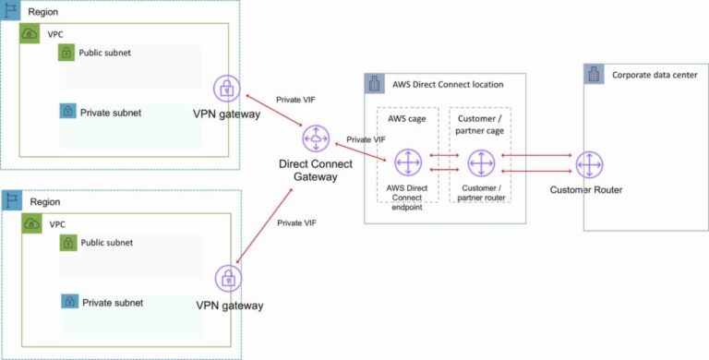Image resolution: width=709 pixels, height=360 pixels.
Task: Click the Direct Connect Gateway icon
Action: click(x=317, y=140)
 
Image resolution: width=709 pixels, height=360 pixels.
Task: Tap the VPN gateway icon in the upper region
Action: click(x=227, y=90)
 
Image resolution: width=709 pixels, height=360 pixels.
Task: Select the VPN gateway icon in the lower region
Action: click(x=229, y=279)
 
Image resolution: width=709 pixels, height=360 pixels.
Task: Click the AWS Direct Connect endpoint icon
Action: click(x=407, y=163)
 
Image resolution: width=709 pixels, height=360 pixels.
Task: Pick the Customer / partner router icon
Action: click(x=481, y=163)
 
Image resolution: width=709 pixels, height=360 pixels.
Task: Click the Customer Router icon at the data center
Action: click(x=589, y=165)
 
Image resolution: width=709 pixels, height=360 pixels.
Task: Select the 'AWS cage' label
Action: click(x=407, y=119)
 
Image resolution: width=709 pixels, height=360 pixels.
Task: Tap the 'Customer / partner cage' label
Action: click(x=480, y=125)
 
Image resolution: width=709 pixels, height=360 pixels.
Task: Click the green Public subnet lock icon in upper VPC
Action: click(x=66, y=54)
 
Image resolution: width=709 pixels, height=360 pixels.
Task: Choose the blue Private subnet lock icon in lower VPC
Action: click(x=68, y=302)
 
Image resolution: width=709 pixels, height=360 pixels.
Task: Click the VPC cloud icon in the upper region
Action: click(x=31, y=34)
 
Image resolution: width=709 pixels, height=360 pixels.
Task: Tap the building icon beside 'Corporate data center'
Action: click(x=595, y=75)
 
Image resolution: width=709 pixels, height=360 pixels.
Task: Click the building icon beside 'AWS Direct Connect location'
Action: click(x=376, y=84)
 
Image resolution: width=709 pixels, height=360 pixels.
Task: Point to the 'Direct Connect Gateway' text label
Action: click(x=317, y=170)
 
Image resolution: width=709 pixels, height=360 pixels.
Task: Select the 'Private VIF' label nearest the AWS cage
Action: click(x=366, y=139)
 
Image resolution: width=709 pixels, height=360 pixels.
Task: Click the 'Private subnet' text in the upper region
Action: click(x=111, y=113)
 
